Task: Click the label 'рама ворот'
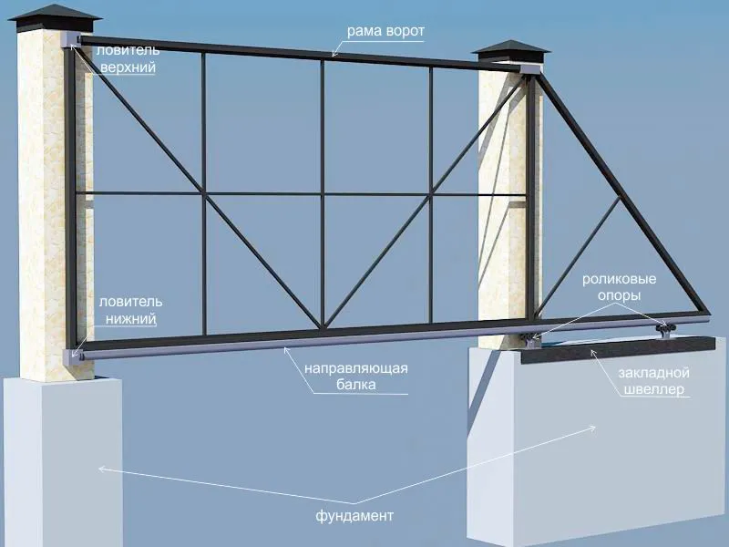pos(385,31)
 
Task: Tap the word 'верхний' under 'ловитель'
pos(128,67)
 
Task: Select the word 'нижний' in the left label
pos(131,319)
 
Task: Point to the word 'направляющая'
pos(356,368)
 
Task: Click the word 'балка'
pos(356,385)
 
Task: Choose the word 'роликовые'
pos(620,279)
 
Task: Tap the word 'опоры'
pos(620,295)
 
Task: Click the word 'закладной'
pos(653,373)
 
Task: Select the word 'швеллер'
pos(653,389)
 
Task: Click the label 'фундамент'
pos(354,516)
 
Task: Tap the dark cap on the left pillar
pos(56,18)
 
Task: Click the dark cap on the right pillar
pos(510,51)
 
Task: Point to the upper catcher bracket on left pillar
pos(71,39)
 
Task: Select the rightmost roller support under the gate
pos(665,330)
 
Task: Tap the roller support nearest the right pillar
pos(531,340)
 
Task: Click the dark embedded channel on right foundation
pos(618,350)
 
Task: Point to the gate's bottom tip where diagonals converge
pos(323,327)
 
